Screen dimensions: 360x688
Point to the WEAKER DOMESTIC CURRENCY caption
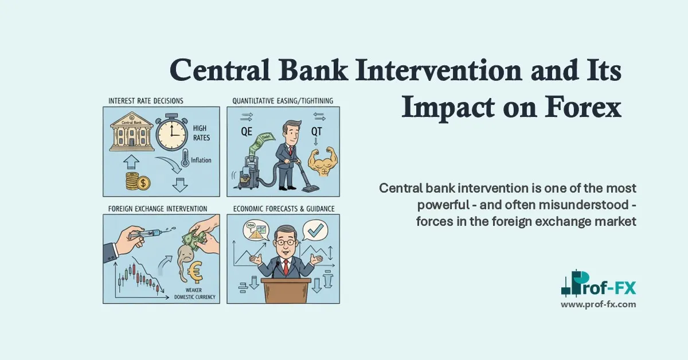pos(197,294)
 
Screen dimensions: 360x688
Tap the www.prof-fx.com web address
pos(598,304)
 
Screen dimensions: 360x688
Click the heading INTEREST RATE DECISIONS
pos(146,101)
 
